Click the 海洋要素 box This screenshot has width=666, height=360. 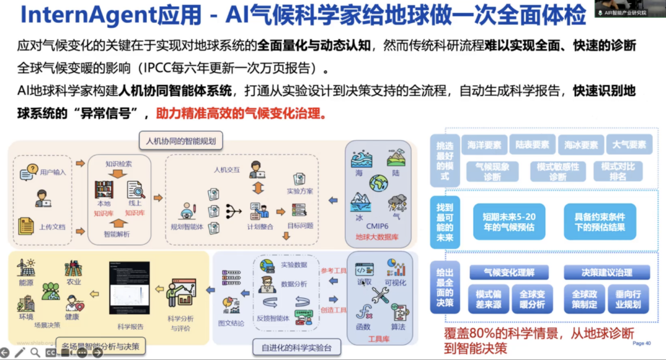(x=484, y=145)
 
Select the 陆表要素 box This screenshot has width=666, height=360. (x=532, y=145)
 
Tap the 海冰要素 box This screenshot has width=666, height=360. (x=581, y=145)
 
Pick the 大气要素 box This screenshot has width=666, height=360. (x=629, y=145)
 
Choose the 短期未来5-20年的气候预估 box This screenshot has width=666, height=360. (x=509, y=222)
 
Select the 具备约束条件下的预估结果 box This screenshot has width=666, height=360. (x=599, y=222)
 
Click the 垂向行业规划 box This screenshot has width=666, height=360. (x=628, y=300)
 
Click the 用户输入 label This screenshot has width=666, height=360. (x=53, y=173)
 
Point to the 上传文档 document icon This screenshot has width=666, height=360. (x=26, y=226)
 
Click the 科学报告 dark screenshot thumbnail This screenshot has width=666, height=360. (x=129, y=290)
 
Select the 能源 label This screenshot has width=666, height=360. (x=27, y=282)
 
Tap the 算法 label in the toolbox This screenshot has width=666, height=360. (x=398, y=327)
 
